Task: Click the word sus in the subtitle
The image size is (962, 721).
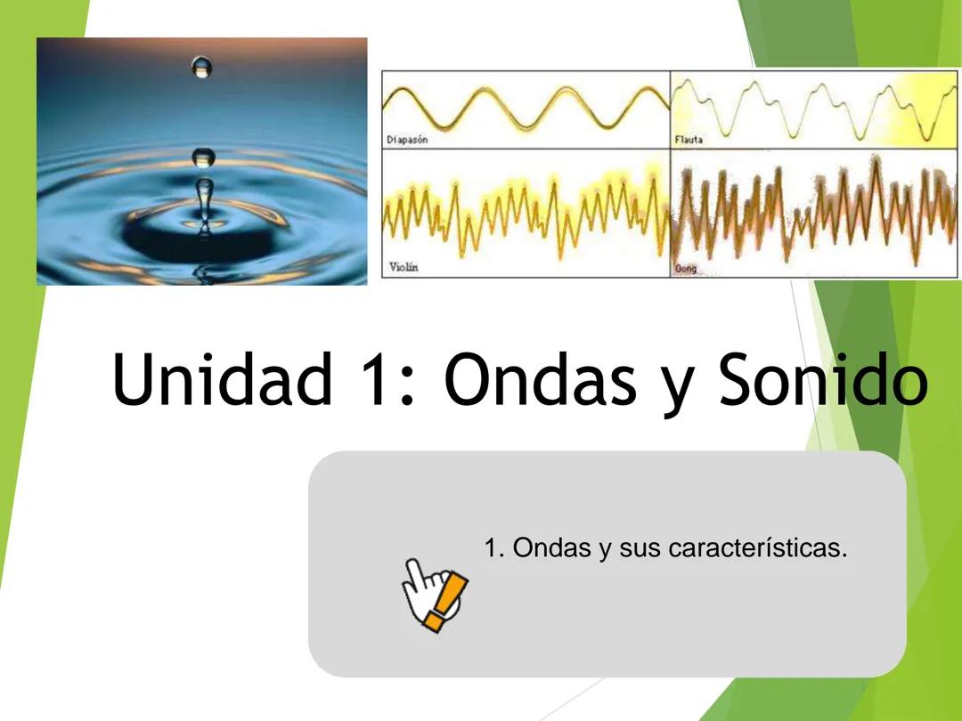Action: (640, 548)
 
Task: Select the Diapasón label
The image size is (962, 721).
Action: (408, 140)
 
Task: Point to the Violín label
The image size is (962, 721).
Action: (404, 267)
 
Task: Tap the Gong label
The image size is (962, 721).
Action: (686, 268)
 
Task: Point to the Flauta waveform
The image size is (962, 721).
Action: (815, 107)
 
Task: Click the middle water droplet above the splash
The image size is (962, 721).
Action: (204, 158)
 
